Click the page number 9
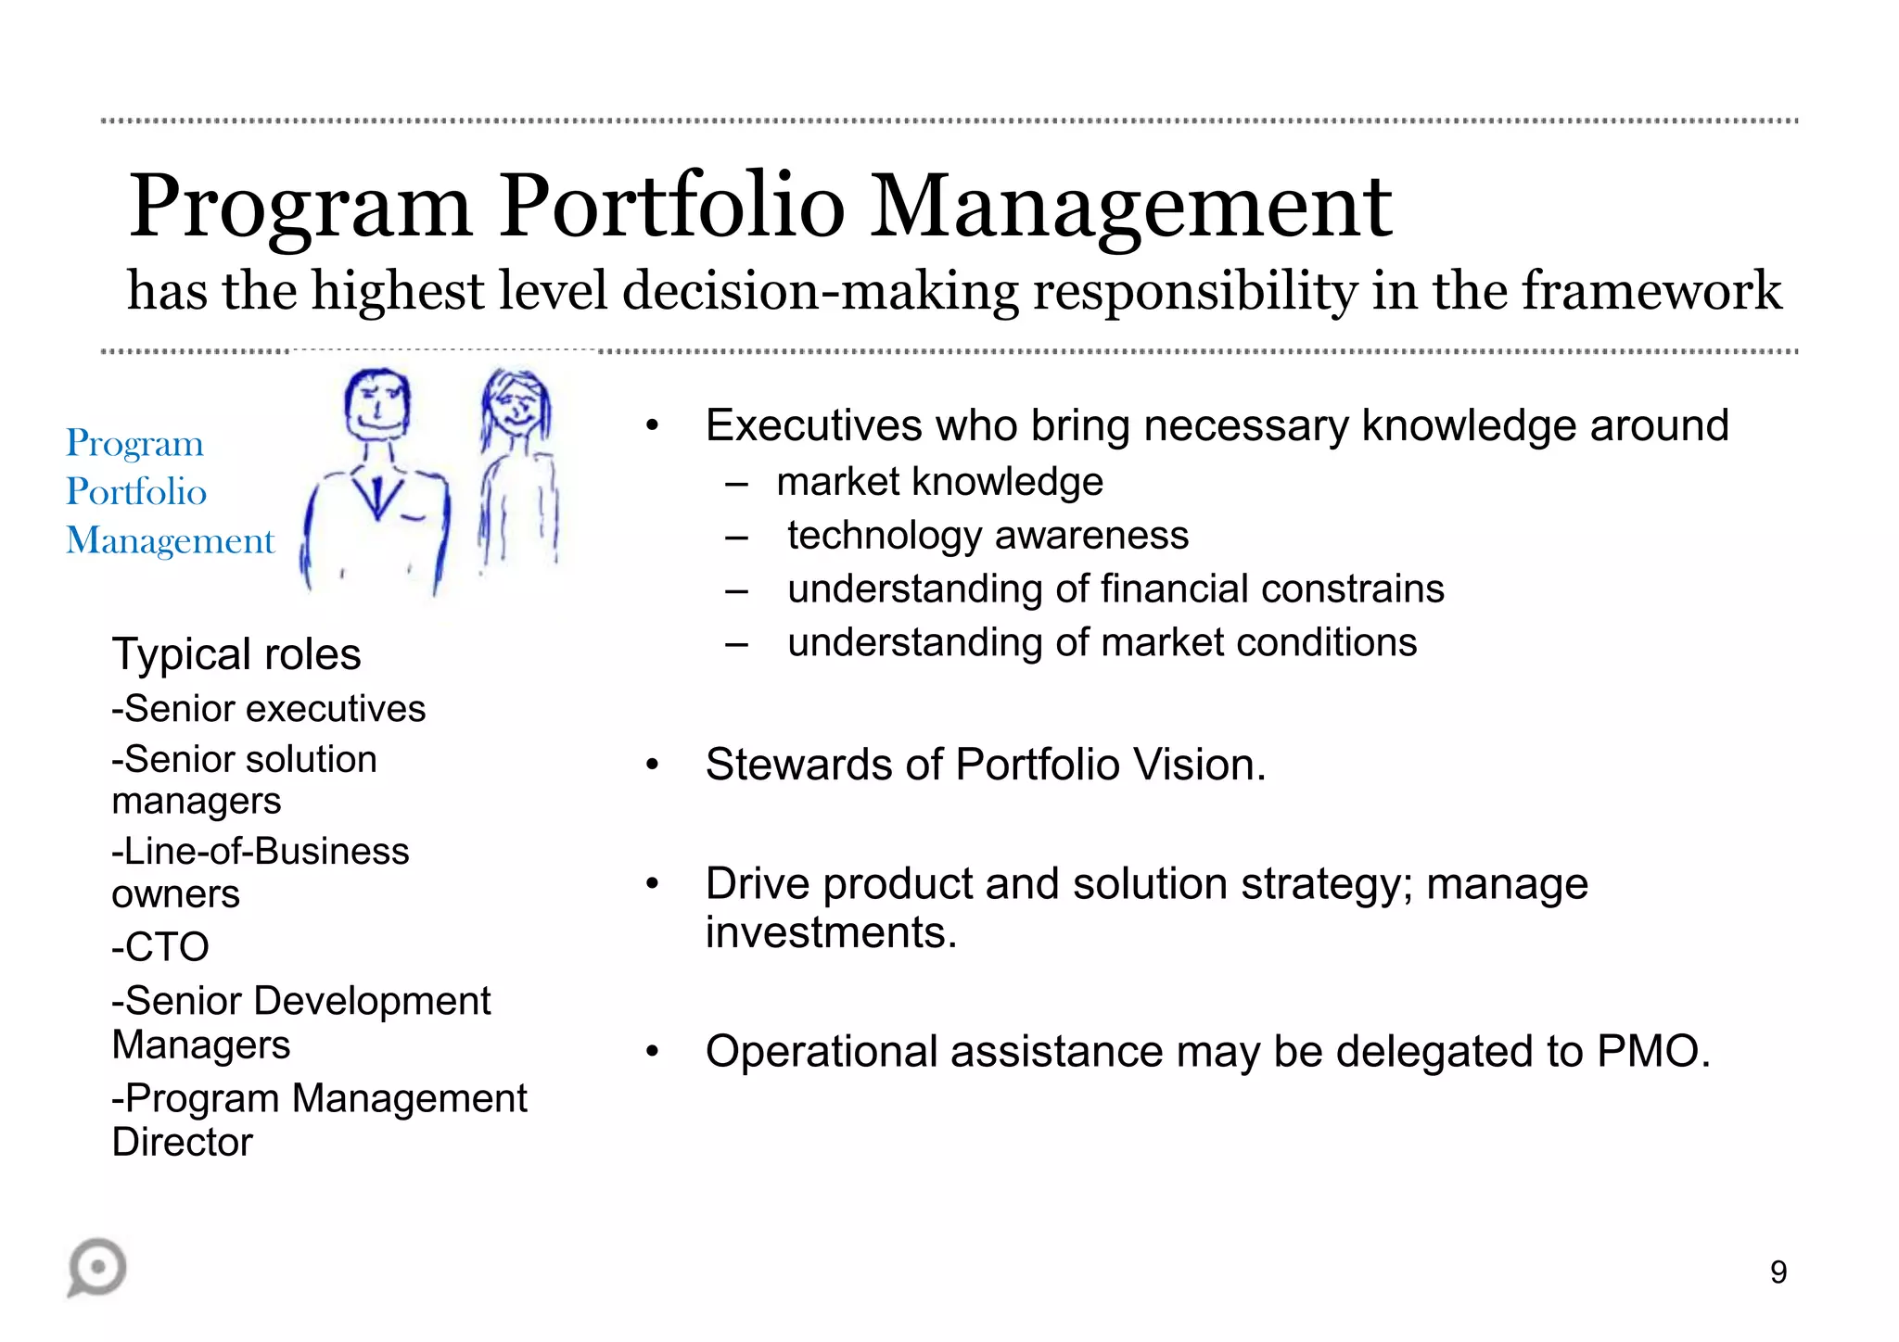click(1778, 1272)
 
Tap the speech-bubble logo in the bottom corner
click(97, 1267)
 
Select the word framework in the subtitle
click(1651, 290)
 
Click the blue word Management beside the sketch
click(171, 540)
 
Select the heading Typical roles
click(236, 654)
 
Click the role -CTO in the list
click(160, 947)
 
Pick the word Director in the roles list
click(183, 1142)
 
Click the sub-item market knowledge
click(939, 482)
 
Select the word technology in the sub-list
click(885, 536)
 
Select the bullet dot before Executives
click(653, 426)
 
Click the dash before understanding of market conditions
click(737, 643)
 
